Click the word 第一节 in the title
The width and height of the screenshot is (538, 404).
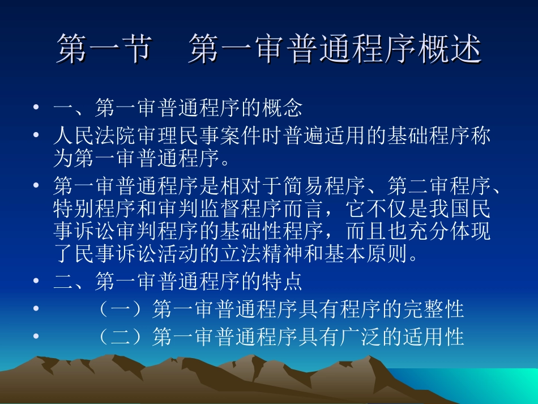104,49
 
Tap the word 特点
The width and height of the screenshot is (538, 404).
281,281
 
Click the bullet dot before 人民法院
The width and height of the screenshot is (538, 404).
36,136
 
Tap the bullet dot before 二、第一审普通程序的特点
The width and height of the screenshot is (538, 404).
36,281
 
